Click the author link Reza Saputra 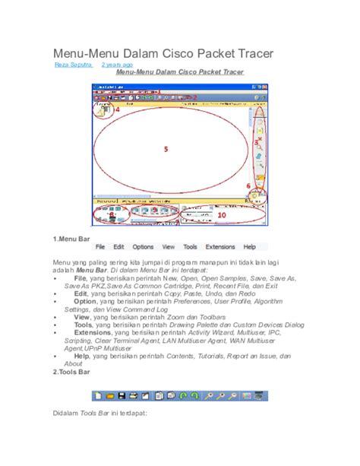tap(72, 65)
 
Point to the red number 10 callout tap(221, 215)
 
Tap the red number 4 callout tap(118, 109)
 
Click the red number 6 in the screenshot tap(247, 185)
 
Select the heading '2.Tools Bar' tap(74, 372)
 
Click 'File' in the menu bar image tap(100, 247)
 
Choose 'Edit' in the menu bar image tap(119, 247)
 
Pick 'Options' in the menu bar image tap(143, 247)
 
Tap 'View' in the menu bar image tap(169, 247)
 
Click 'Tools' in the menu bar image tap(190, 247)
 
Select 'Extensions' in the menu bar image tap(220, 247)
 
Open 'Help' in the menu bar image tap(249, 247)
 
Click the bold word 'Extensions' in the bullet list tap(93, 332)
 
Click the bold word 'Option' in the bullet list tap(86, 302)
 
